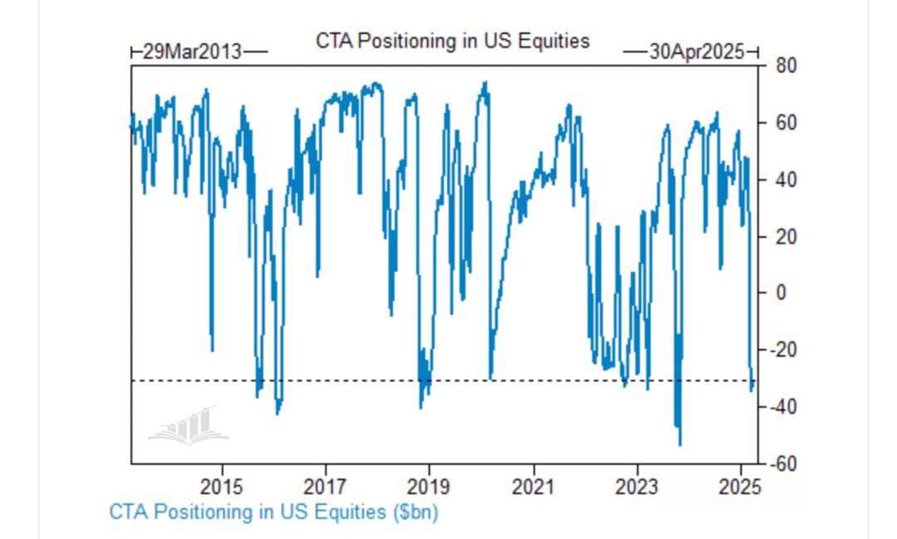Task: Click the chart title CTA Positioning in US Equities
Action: pos(453,41)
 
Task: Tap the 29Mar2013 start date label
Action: pos(192,51)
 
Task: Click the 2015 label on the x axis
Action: pos(222,485)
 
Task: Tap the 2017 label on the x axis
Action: pos(326,485)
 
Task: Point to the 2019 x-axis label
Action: pos(429,485)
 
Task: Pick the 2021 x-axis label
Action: pos(534,485)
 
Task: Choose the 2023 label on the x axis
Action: pos(638,485)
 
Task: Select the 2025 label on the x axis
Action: pos(742,485)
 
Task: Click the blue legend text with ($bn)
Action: pos(274,512)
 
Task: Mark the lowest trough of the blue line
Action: pos(680,445)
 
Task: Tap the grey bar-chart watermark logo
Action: pos(184,424)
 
